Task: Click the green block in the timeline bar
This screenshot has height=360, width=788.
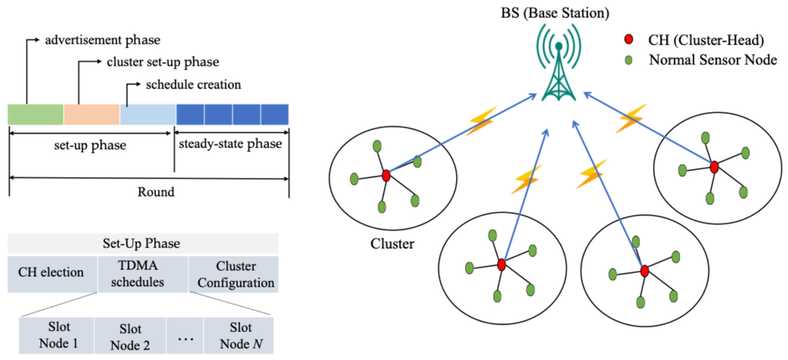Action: (35, 114)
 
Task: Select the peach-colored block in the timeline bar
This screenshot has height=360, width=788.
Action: (91, 114)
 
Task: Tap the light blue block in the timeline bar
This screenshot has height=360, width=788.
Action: (148, 114)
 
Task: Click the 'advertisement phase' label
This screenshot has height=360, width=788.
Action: (102, 40)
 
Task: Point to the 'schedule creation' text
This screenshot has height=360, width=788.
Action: (193, 85)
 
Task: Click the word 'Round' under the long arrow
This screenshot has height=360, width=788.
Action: (156, 192)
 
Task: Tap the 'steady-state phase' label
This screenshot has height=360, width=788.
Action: (230, 144)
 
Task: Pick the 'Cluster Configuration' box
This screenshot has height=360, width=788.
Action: (236, 274)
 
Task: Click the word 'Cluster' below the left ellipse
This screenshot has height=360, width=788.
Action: (392, 244)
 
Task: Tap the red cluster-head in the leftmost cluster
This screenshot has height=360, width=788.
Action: (386, 176)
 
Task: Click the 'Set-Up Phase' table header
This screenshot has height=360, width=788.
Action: (141, 243)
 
